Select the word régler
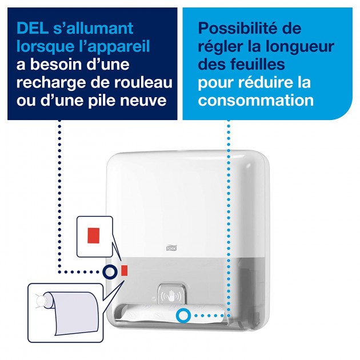[x=219, y=46]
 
